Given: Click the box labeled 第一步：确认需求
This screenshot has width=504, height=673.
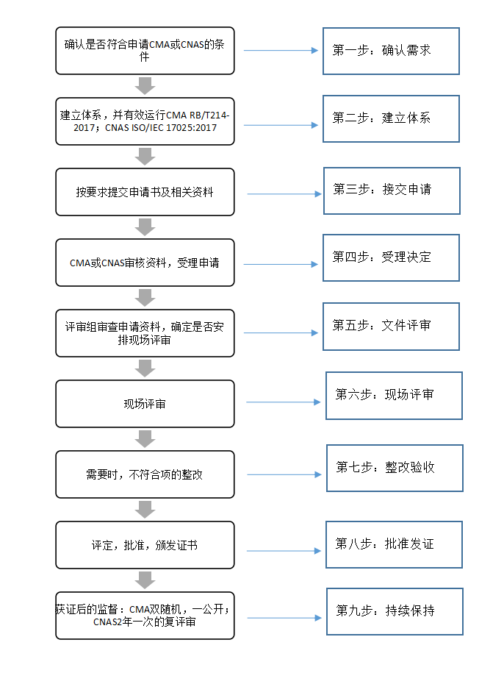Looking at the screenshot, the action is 391,51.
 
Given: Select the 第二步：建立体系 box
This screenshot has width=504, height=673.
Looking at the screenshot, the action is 391,118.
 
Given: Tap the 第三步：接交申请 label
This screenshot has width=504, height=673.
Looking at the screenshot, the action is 382,189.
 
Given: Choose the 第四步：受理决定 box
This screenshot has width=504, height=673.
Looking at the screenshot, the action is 391,257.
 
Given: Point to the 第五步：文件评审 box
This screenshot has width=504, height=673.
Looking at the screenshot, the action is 391,326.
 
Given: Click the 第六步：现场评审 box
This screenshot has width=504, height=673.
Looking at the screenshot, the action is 394,395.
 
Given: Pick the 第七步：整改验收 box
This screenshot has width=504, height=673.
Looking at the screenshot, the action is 395,468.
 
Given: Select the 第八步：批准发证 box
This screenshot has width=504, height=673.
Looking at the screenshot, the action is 394,544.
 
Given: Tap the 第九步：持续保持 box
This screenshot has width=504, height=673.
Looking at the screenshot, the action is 395,611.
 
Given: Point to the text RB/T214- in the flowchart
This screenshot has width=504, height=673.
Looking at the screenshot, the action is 209,115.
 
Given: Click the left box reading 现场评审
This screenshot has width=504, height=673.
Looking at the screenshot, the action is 145,404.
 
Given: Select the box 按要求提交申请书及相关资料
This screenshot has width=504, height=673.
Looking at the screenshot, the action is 145,192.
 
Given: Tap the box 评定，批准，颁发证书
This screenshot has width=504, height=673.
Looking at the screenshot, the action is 145,545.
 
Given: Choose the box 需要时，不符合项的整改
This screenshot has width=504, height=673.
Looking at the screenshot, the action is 145,474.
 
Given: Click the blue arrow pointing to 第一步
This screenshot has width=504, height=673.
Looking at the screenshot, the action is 281,50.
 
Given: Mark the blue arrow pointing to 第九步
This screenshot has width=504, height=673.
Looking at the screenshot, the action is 284,618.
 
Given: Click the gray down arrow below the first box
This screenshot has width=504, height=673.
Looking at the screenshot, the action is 145,86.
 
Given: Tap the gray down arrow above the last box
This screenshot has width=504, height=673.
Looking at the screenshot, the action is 145,580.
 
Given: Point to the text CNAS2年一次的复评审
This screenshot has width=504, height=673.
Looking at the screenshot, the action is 145,622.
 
